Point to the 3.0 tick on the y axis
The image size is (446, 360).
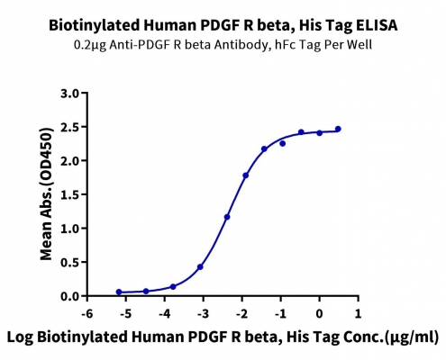[x=69, y=94]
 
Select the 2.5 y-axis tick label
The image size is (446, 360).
[x=69, y=127]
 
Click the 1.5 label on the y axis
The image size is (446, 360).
[x=69, y=195]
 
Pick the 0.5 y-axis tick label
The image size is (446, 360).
[x=69, y=263]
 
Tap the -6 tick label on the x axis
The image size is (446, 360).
[x=87, y=314]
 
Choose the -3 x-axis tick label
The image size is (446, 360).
[x=203, y=314]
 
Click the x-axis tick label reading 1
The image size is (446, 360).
[x=358, y=314]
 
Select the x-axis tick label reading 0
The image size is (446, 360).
[x=319, y=314]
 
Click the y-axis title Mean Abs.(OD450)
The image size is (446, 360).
[x=46, y=194]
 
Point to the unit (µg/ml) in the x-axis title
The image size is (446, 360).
[x=412, y=337]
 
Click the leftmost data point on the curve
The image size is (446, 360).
[x=119, y=292]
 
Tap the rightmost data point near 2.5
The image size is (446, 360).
[x=338, y=129]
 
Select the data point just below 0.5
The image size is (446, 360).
[x=200, y=267]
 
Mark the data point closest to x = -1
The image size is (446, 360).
[x=282, y=144]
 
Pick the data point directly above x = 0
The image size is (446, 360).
[x=320, y=133]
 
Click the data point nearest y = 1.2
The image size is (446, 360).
[x=227, y=217]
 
